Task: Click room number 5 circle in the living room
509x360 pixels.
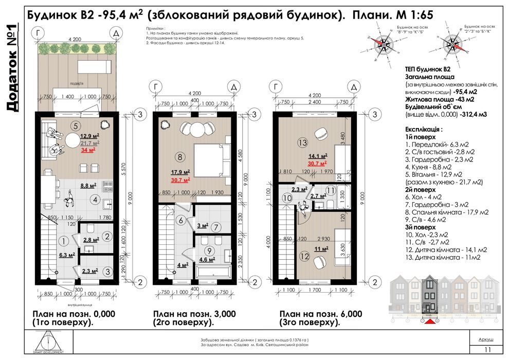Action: coord(76,125)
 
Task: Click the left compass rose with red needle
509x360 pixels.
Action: coord(381,45)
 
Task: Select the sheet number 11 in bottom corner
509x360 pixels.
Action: coord(486,350)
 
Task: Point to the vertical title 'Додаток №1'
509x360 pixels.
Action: coord(12,67)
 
